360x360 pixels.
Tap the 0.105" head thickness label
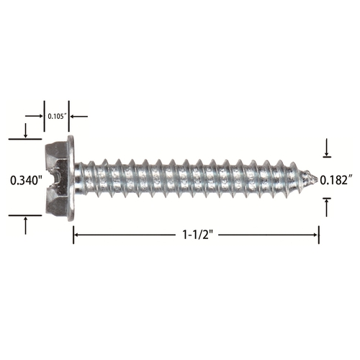(57, 117)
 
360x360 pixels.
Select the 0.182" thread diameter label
(336, 180)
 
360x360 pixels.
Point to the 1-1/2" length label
(198, 235)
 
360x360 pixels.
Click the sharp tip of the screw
(318, 179)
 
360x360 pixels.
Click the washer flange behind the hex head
(71, 178)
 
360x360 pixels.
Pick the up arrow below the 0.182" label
(326, 207)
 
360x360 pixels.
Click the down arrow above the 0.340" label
(25, 131)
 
